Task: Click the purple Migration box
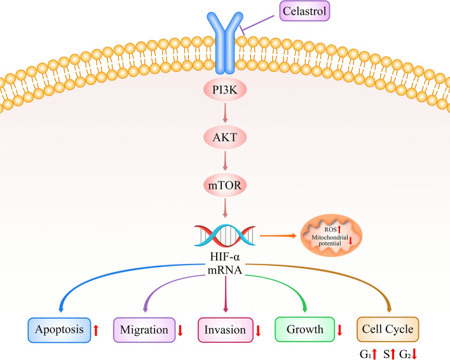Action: [143, 331]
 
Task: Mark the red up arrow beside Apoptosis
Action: [96, 331]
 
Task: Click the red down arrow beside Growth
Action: [340, 331]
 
